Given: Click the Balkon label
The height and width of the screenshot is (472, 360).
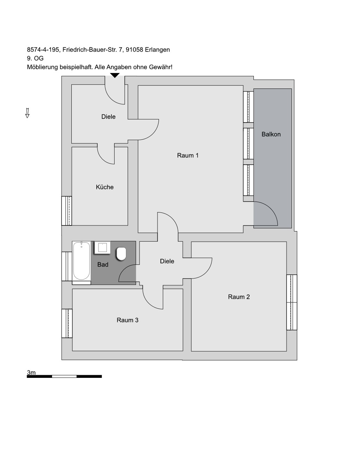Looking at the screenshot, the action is tap(271, 135).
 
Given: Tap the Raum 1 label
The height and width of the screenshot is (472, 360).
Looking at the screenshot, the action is tap(188, 156).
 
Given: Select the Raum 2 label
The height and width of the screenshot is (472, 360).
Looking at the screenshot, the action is tap(239, 297).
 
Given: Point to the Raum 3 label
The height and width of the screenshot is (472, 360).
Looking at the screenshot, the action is tap(127, 320).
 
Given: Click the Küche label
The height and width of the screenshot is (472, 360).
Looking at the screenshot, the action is tap(104, 187).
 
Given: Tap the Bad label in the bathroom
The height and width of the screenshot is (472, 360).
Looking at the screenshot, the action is tap(103, 265).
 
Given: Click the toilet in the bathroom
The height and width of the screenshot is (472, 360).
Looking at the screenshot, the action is tap(121, 254).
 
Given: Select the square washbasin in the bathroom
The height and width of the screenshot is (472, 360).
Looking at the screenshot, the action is tap(102, 248).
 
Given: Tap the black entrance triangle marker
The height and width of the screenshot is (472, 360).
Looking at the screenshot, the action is tap(115, 75).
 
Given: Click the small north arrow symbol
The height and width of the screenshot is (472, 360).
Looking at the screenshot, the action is tap(27, 113).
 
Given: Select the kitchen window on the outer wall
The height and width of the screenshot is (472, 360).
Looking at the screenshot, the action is tap(67, 211).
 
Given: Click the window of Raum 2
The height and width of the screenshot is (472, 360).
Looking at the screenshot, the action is tap(292, 302).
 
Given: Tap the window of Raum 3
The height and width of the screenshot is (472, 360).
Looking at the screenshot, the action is tap(67, 323).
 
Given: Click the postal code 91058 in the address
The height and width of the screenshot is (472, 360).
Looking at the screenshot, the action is tap(134, 50).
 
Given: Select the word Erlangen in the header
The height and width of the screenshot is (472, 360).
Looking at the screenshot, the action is tap(157, 50).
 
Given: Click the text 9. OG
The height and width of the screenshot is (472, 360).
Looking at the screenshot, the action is tap(35, 58).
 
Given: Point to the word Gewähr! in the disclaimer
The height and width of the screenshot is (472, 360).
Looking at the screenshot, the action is tap(160, 67).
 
